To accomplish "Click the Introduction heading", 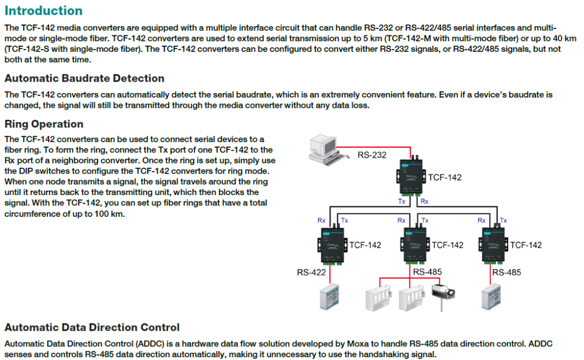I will (x=43, y=11).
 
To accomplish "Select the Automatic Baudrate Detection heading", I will (x=84, y=78).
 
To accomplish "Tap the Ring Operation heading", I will (x=44, y=124).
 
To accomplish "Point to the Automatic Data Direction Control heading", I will (x=92, y=327).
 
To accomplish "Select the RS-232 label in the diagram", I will (x=371, y=155).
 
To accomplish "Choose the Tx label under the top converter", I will (x=403, y=201).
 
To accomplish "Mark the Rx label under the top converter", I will (x=424, y=201).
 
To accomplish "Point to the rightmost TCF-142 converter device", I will (x=493, y=244).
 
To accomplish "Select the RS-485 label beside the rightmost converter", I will (x=506, y=272).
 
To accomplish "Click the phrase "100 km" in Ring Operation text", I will (x=108, y=214).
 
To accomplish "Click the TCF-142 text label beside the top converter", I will (x=445, y=178).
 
